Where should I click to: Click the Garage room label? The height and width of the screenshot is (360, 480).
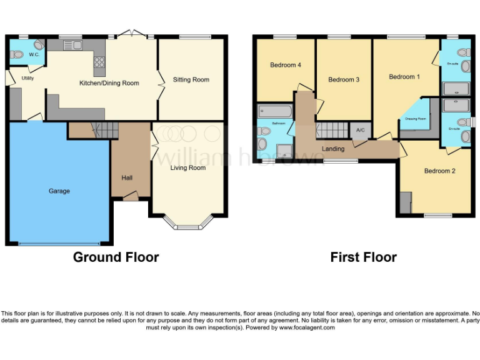point(60,191)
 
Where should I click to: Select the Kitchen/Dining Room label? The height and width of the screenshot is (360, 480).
point(109,82)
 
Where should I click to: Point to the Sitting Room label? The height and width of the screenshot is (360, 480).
point(191,79)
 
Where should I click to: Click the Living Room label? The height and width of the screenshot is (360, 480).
point(188,167)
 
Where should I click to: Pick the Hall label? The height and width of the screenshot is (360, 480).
point(127,178)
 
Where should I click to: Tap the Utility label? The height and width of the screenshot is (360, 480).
point(27,78)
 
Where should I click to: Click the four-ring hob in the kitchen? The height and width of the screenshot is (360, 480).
point(99,62)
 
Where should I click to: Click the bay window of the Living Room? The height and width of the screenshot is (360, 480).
point(187,222)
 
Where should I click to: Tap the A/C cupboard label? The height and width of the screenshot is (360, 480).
point(360,130)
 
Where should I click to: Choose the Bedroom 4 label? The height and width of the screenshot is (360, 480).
point(286,65)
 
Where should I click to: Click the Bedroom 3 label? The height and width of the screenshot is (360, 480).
point(344,79)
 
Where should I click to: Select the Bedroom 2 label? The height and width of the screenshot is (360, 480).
point(439,171)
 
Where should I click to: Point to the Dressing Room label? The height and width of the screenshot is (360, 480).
point(415,118)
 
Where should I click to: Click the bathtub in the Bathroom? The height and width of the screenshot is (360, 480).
point(274,112)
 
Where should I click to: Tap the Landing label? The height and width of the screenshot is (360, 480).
point(333,149)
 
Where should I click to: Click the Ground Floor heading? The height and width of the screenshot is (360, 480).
point(116,257)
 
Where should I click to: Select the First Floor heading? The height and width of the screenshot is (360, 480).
point(363,257)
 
